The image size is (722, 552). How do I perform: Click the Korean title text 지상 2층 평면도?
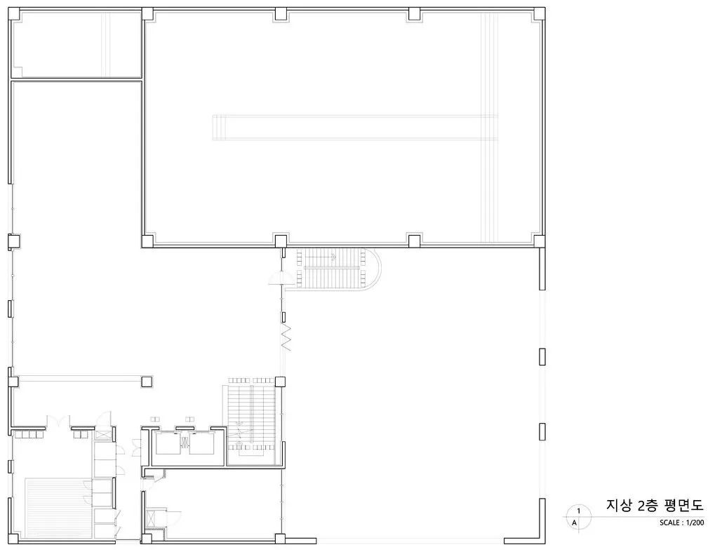tap(655, 505)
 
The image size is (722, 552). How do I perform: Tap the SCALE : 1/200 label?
tap(681, 523)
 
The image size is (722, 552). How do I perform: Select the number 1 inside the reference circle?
tap(579, 511)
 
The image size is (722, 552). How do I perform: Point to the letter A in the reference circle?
tap(574, 523)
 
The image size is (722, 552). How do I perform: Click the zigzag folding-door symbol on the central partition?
tap(286, 338)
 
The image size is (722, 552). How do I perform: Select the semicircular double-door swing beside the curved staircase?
tap(281, 279)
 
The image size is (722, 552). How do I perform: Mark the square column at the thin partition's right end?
tap(147, 382)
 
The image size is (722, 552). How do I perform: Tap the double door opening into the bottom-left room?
tap(58, 421)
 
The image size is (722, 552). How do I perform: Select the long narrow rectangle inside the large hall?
tap(354, 127)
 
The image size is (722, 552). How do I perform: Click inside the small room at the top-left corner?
tap(76, 44)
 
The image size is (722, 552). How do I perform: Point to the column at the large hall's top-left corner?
tap(147, 13)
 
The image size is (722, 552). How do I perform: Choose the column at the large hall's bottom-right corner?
tap(539, 241)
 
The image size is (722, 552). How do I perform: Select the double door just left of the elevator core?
tap(137, 447)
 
